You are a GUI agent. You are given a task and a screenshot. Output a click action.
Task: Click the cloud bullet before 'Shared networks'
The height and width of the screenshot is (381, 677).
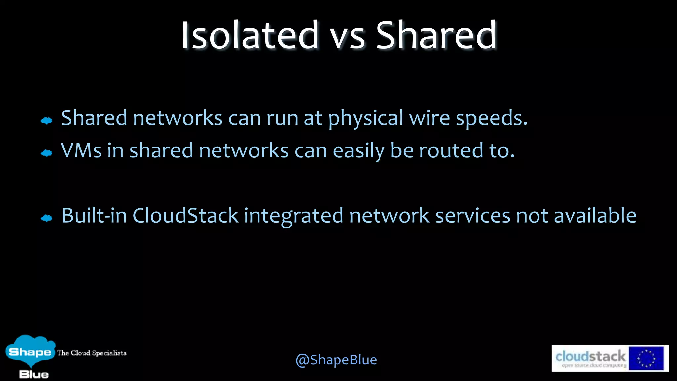[47, 121]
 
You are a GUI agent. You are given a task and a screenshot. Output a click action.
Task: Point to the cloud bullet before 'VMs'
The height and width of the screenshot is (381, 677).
[47, 153]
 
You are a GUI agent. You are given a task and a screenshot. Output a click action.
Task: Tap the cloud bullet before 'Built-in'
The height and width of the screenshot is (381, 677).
[47, 218]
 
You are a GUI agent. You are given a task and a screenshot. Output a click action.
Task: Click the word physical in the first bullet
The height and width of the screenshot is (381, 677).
[365, 118]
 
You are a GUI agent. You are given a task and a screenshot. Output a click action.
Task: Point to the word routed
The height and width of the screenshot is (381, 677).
[451, 150]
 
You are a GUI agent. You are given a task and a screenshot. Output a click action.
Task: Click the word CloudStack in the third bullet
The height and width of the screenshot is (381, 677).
[185, 216]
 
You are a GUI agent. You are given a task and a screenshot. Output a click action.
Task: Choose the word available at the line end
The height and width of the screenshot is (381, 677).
[595, 216]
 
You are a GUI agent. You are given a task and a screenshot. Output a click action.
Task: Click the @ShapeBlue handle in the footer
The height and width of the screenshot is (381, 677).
[336, 360]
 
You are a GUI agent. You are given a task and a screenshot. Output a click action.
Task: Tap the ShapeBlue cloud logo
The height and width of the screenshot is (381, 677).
[30, 352]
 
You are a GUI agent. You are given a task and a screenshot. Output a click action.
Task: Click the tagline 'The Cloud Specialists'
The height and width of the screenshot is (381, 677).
[92, 353]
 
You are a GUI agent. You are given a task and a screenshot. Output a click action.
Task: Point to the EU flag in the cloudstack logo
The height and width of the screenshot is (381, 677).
[646, 359]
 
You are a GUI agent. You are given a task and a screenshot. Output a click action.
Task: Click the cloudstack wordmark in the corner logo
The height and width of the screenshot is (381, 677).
[590, 357]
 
